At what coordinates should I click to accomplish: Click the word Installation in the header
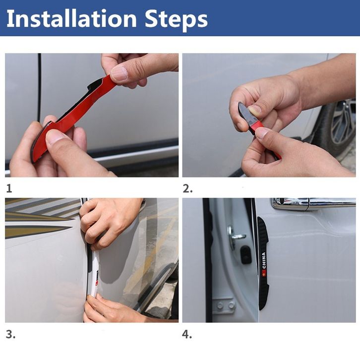coord(71,19)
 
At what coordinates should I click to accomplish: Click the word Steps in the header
coord(176,19)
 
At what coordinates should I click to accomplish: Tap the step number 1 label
coord(9,188)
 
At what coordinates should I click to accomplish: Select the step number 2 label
coord(187,188)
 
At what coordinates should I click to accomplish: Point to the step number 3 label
coord(10,334)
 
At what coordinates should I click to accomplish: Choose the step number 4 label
coord(187,334)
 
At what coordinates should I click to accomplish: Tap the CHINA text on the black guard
coord(263,260)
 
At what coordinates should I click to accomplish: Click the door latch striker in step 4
coord(235,236)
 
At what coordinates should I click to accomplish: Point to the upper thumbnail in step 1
coord(119,73)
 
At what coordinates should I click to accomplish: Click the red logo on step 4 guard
coord(264,273)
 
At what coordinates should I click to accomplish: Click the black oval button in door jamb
coord(245,255)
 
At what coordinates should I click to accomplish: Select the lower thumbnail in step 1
coord(55,138)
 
